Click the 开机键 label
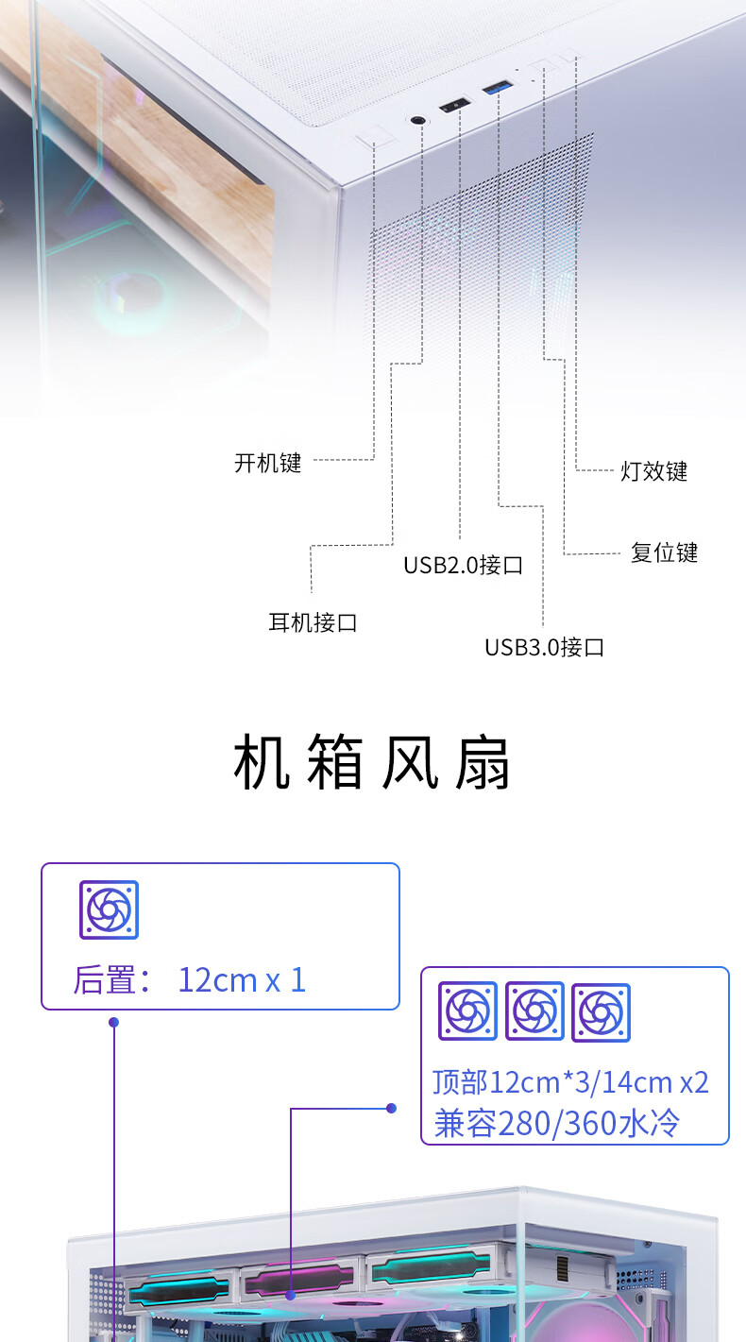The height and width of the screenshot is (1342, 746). tap(268, 463)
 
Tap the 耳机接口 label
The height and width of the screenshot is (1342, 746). tap(313, 622)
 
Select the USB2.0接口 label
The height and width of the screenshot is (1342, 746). tap(463, 565)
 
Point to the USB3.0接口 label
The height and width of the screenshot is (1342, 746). tap(545, 647)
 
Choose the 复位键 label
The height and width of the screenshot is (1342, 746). tap(665, 552)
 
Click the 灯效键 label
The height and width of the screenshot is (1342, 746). tap(653, 471)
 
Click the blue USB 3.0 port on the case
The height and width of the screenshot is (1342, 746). tap(498, 88)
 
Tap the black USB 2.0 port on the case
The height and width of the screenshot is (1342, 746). tap(455, 106)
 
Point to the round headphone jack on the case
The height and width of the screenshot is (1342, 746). tap(419, 121)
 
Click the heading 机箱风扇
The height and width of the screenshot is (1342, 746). tap(372, 762)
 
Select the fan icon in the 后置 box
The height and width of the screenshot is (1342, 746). tap(109, 909)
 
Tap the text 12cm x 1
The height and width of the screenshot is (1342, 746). tap(242, 980)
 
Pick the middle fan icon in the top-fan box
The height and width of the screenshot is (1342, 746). tap(534, 1011)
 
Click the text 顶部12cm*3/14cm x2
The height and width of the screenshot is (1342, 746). tap(570, 1082)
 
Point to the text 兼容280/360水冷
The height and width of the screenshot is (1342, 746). tap(556, 1123)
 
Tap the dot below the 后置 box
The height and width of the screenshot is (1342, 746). tap(114, 1022)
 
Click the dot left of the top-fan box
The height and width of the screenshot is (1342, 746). tap(391, 1108)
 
